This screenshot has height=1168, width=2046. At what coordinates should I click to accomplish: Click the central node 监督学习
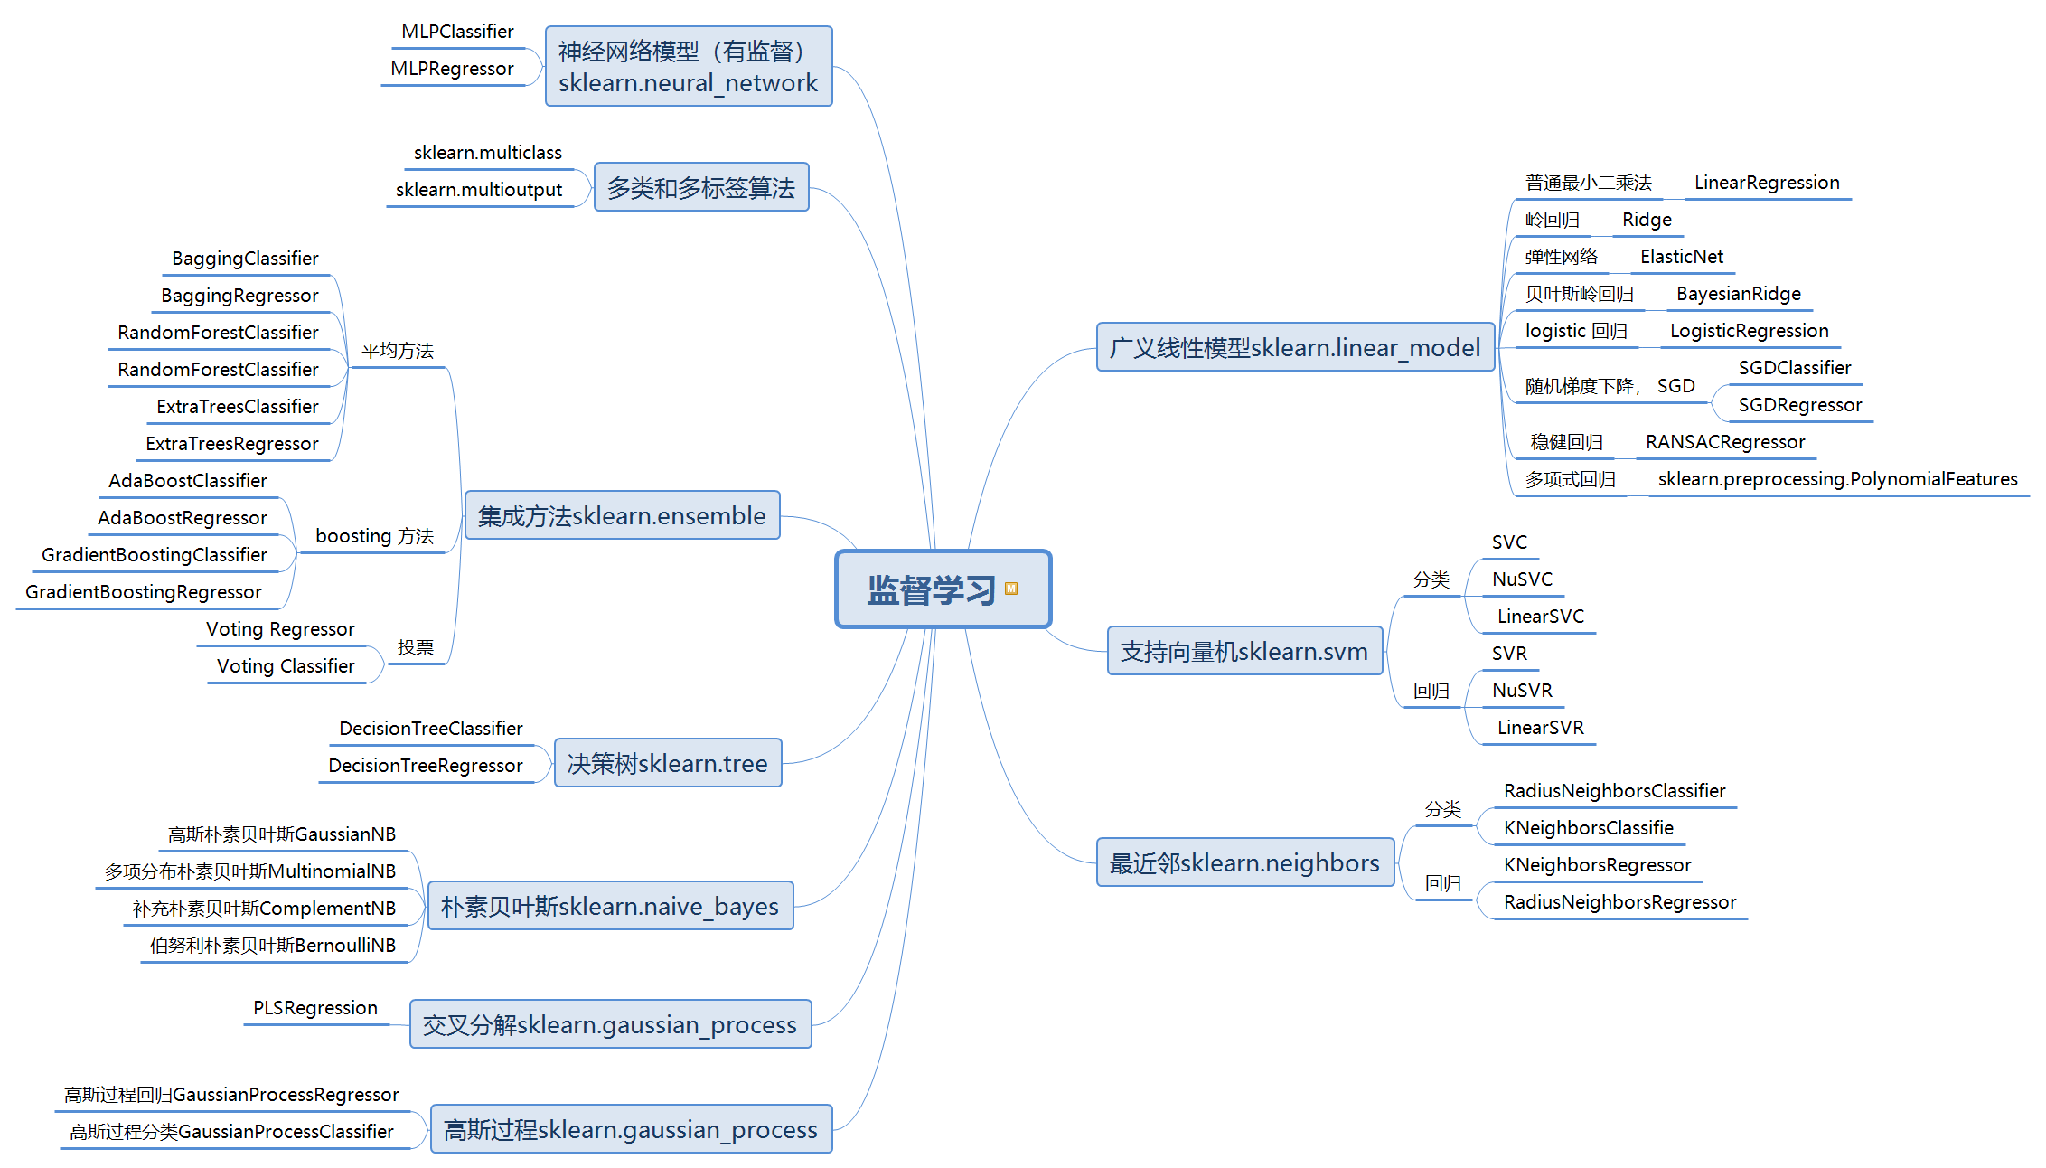point(931,589)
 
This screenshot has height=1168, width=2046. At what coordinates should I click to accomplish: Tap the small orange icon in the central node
point(1011,589)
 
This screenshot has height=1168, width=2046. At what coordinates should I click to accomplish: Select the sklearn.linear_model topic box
point(1294,347)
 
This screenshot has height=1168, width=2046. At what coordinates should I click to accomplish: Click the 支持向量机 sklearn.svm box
point(1244,651)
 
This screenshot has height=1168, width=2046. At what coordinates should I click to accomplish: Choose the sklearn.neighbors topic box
point(1244,862)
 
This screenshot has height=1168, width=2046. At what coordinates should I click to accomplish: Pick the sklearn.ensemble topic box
point(622,515)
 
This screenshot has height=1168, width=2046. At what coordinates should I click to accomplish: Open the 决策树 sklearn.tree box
point(667,763)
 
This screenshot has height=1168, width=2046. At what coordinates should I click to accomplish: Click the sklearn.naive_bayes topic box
point(609,906)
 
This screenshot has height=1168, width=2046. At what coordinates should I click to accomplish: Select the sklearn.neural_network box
point(688,66)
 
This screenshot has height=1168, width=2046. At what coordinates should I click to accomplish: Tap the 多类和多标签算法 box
point(700,187)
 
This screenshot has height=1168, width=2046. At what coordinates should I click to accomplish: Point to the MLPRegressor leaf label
point(452,69)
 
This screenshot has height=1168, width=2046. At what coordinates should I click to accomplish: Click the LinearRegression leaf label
point(1766,183)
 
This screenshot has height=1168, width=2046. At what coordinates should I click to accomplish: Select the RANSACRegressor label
point(1724,442)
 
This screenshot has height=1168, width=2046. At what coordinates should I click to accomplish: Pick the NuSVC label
point(1522,579)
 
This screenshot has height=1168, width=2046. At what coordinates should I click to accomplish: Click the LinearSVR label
point(1540,728)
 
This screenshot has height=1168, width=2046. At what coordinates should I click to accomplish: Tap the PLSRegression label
point(314,1008)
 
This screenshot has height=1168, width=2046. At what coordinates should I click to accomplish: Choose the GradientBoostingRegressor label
point(143,592)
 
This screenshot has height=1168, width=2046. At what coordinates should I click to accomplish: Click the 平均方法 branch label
point(398,351)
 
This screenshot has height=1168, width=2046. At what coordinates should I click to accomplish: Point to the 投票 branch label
point(415,647)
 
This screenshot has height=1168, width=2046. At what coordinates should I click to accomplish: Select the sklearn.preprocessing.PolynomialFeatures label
point(1837,479)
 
